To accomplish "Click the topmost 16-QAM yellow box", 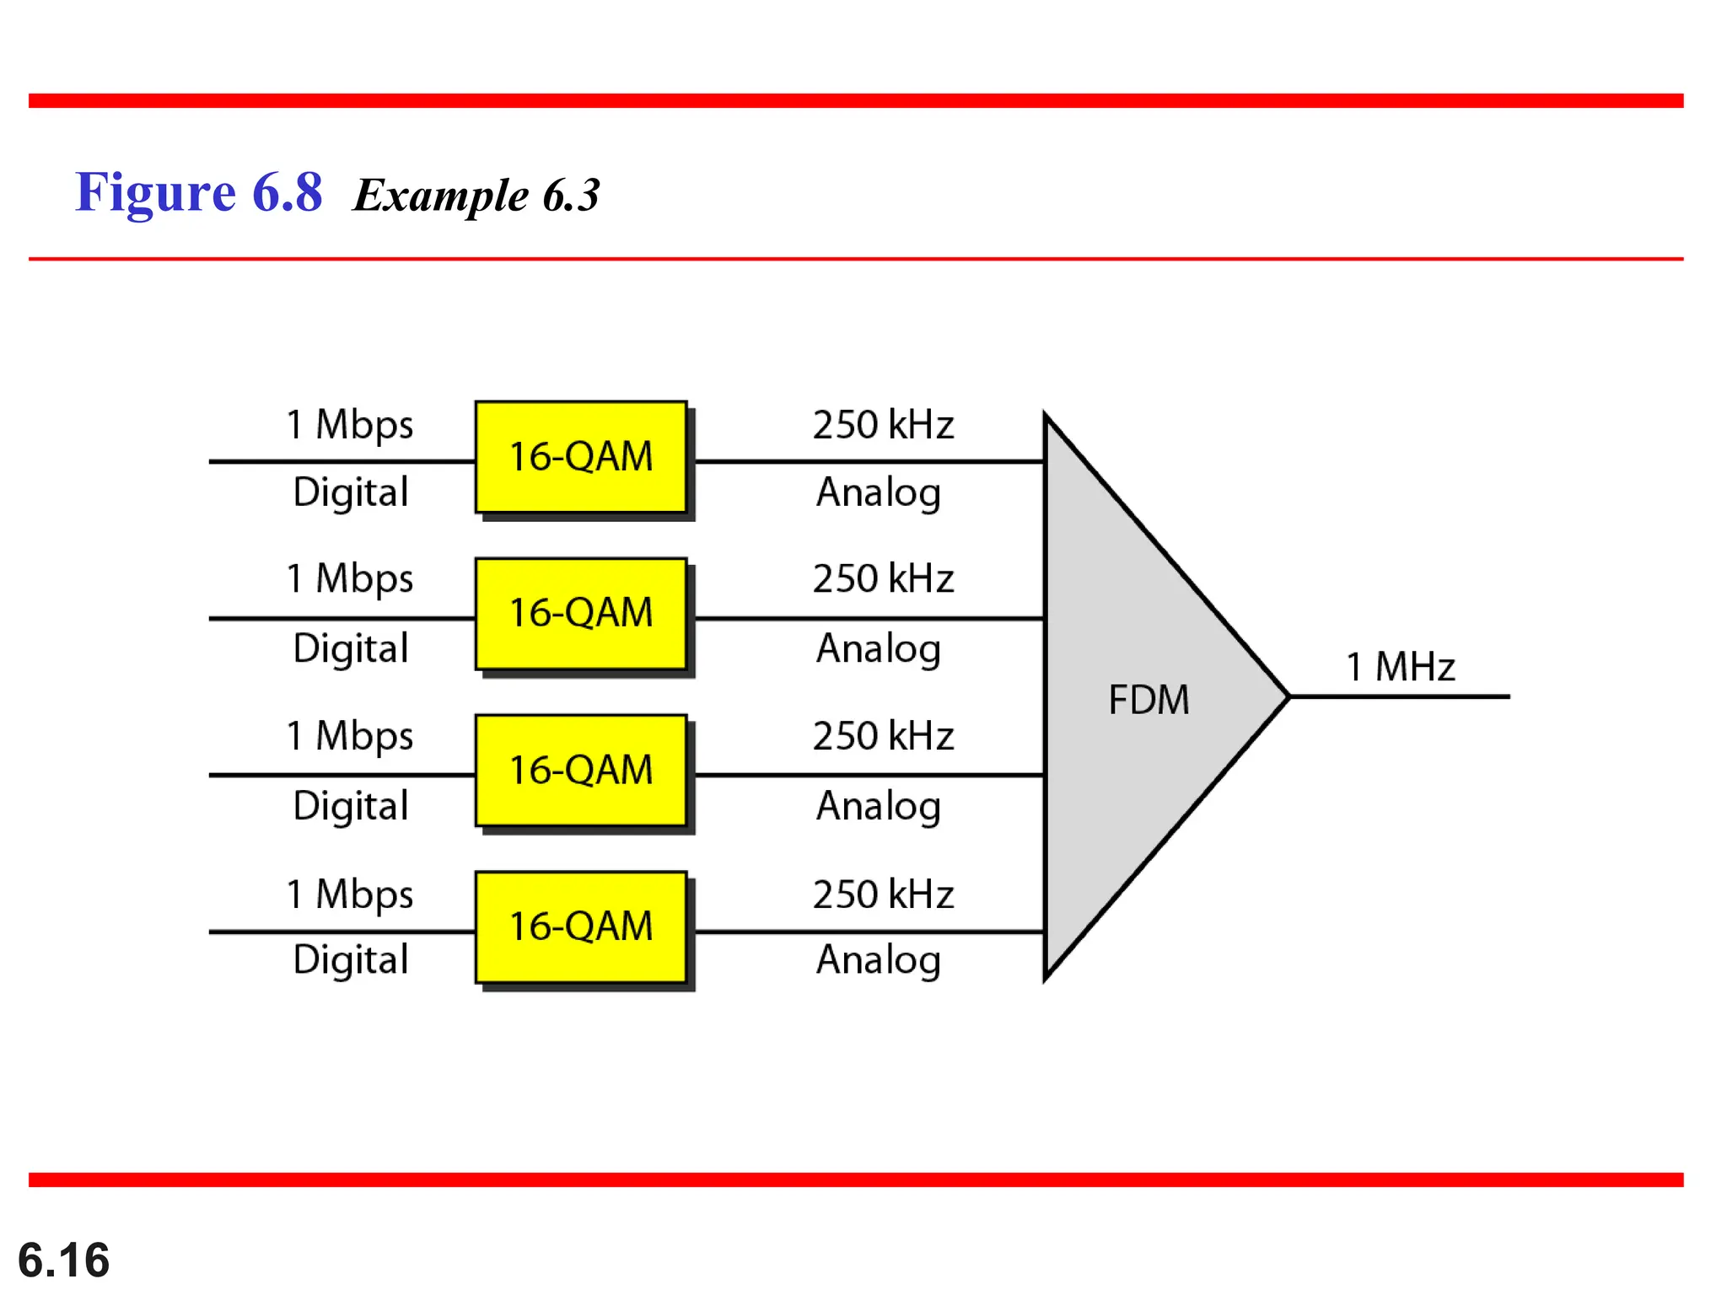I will click(x=581, y=457).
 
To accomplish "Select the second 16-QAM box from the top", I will click(x=581, y=613).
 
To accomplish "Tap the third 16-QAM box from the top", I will click(x=581, y=770).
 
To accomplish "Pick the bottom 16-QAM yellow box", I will click(x=581, y=927).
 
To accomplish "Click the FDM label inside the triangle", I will click(x=1149, y=700).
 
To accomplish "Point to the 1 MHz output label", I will click(x=1400, y=667).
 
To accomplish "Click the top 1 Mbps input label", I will click(x=350, y=425).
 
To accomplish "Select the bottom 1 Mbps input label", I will click(x=350, y=895).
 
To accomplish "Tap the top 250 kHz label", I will click(x=883, y=425).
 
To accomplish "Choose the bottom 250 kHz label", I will click(x=883, y=895).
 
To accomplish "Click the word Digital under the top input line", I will click(x=351, y=492).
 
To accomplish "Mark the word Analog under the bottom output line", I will click(x=879, y=960).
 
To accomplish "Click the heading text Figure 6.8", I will click(x=199, y=192).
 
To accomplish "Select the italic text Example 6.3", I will click(x=476, y=196).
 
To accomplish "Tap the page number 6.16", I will click(x=63, y=1260).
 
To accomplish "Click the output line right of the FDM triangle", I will click(x=1400, y=696).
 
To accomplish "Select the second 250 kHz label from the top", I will click(x=883, y=579).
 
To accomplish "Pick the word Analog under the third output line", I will click(x=879, y=806).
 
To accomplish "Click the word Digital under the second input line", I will click(x=351, y=649).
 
